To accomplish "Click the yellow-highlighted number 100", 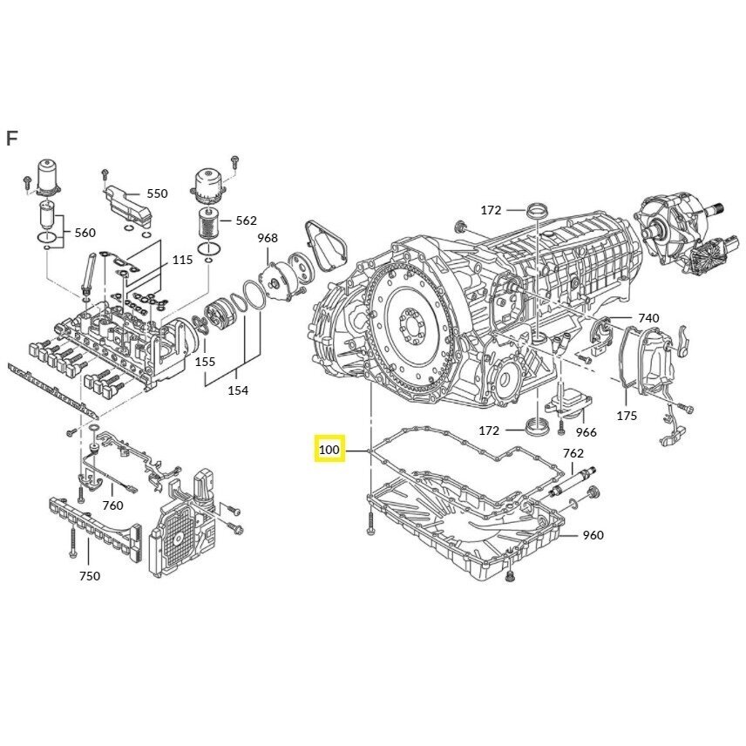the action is pos(329,449).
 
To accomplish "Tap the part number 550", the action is pos(157,193).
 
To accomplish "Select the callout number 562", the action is pos(246,220).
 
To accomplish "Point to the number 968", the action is pos(268,238).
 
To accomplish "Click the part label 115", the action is pos(183,260).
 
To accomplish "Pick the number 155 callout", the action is pos(205,362).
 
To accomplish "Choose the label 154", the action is pos(238,390).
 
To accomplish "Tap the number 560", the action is pos(85,233).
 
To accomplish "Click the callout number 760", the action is pos(112,505).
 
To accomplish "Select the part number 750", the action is pos(90,576).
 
